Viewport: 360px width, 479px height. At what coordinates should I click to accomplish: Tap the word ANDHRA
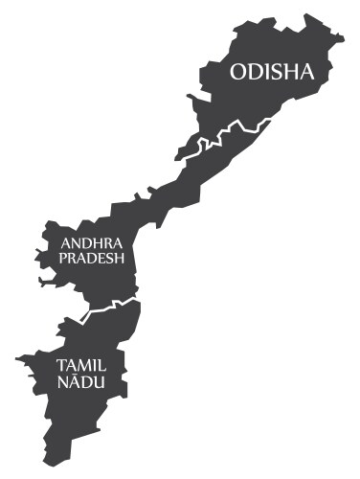[91, 243]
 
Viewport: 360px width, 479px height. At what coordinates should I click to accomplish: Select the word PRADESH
[93, 258]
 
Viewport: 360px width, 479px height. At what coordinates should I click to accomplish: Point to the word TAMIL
[80, 366]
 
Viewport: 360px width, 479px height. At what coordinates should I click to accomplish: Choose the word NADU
[81, 381]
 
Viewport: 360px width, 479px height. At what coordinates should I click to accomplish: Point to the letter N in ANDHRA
[75, 243]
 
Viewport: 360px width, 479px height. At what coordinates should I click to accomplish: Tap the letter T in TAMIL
[62, 366]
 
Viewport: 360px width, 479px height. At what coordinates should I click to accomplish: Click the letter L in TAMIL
[101, 366]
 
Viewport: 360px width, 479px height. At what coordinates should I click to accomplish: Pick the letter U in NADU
[98, 381]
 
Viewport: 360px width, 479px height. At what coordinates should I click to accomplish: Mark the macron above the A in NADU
[75, 374]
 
